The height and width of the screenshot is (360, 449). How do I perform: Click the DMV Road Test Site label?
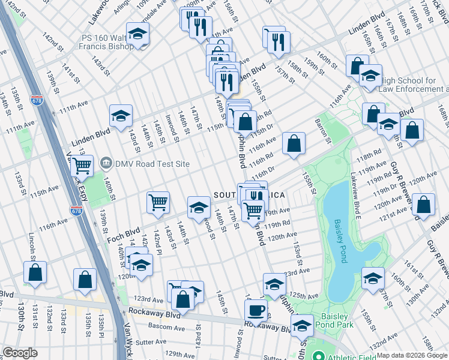coord(152,164)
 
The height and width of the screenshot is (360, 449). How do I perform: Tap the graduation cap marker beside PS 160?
coord(137,34)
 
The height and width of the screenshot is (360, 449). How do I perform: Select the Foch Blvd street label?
coord(123,233)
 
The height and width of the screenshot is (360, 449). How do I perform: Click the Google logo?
coord(20,353)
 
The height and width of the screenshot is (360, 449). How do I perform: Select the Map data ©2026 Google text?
coord(412,355)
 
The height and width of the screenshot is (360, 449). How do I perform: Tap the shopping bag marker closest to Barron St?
coord(294,143)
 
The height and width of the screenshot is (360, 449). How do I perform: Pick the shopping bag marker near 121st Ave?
coord(424,205)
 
